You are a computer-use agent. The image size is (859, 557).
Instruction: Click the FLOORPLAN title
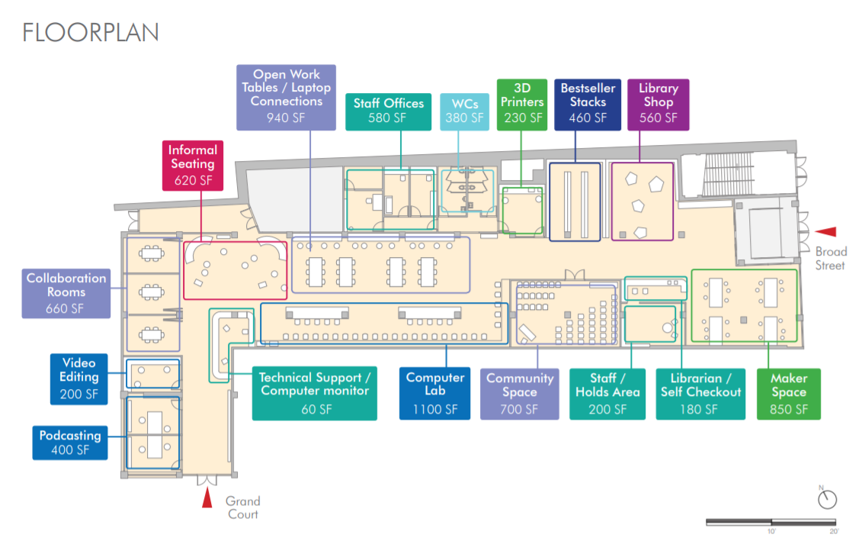coord(91,32)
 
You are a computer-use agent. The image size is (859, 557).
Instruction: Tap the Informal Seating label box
coord(193,164)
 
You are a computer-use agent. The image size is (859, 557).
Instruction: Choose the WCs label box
coord(464,111)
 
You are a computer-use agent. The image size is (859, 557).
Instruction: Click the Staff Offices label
coord(388,111)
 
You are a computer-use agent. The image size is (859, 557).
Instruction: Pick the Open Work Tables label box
coord(287,95)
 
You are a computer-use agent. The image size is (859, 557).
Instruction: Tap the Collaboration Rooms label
coord(66,292)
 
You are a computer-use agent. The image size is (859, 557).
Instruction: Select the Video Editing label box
coord(79,378)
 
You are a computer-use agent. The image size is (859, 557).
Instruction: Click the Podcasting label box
coord(70,442)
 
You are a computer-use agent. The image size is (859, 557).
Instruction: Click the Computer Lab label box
coord(434,393)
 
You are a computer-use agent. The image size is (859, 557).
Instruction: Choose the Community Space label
coord(519,393)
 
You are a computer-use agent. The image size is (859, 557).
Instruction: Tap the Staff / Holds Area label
coord(607,393)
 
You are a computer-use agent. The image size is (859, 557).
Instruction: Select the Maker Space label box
coord(789,393)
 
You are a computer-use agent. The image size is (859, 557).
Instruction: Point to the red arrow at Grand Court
coord(207,499)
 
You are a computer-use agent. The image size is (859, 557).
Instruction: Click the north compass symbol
coord(827,499)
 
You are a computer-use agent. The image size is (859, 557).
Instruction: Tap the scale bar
coord(772,523)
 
